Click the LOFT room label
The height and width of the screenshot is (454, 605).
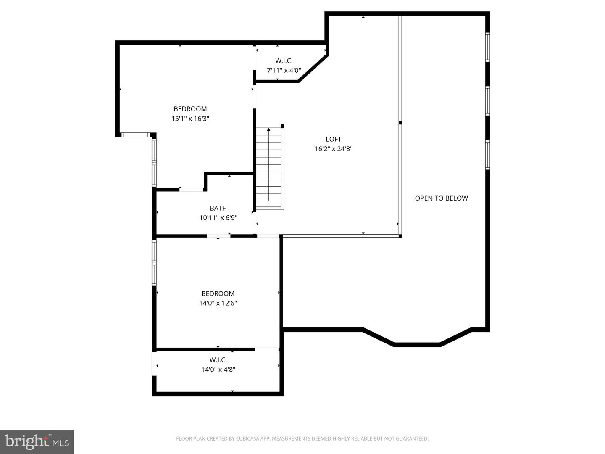tap(334, 139)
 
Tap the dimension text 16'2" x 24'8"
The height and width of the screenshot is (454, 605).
tap(334, 149)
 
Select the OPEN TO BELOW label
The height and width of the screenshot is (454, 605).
tap(441, 198)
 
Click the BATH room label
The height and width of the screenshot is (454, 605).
tap(218, 208)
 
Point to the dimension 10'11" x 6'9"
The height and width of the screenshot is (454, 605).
tap(218, 218)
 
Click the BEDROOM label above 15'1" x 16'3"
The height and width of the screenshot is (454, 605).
tap(190, 109)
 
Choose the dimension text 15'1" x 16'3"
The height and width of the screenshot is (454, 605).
tap(190, 119)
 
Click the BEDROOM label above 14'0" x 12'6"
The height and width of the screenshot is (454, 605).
tap(218, 293)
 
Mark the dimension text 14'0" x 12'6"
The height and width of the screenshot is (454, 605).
tap(218, 303)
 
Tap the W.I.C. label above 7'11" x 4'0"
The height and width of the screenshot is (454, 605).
tap(284, 61)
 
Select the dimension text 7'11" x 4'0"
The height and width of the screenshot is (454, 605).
tap(284, 70)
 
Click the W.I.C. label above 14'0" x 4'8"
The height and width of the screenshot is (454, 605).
tap(218, 360)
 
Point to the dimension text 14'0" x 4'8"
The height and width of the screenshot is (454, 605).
tap(218, 370)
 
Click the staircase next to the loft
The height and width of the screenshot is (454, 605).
tap(269, 168)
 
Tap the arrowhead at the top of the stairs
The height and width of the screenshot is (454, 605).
tap(268, 130)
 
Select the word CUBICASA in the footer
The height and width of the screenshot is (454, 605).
tap(248, 438)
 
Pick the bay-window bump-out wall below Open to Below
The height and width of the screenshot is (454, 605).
tap(417, 344)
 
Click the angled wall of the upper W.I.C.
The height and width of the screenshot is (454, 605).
tap(313, 68)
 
